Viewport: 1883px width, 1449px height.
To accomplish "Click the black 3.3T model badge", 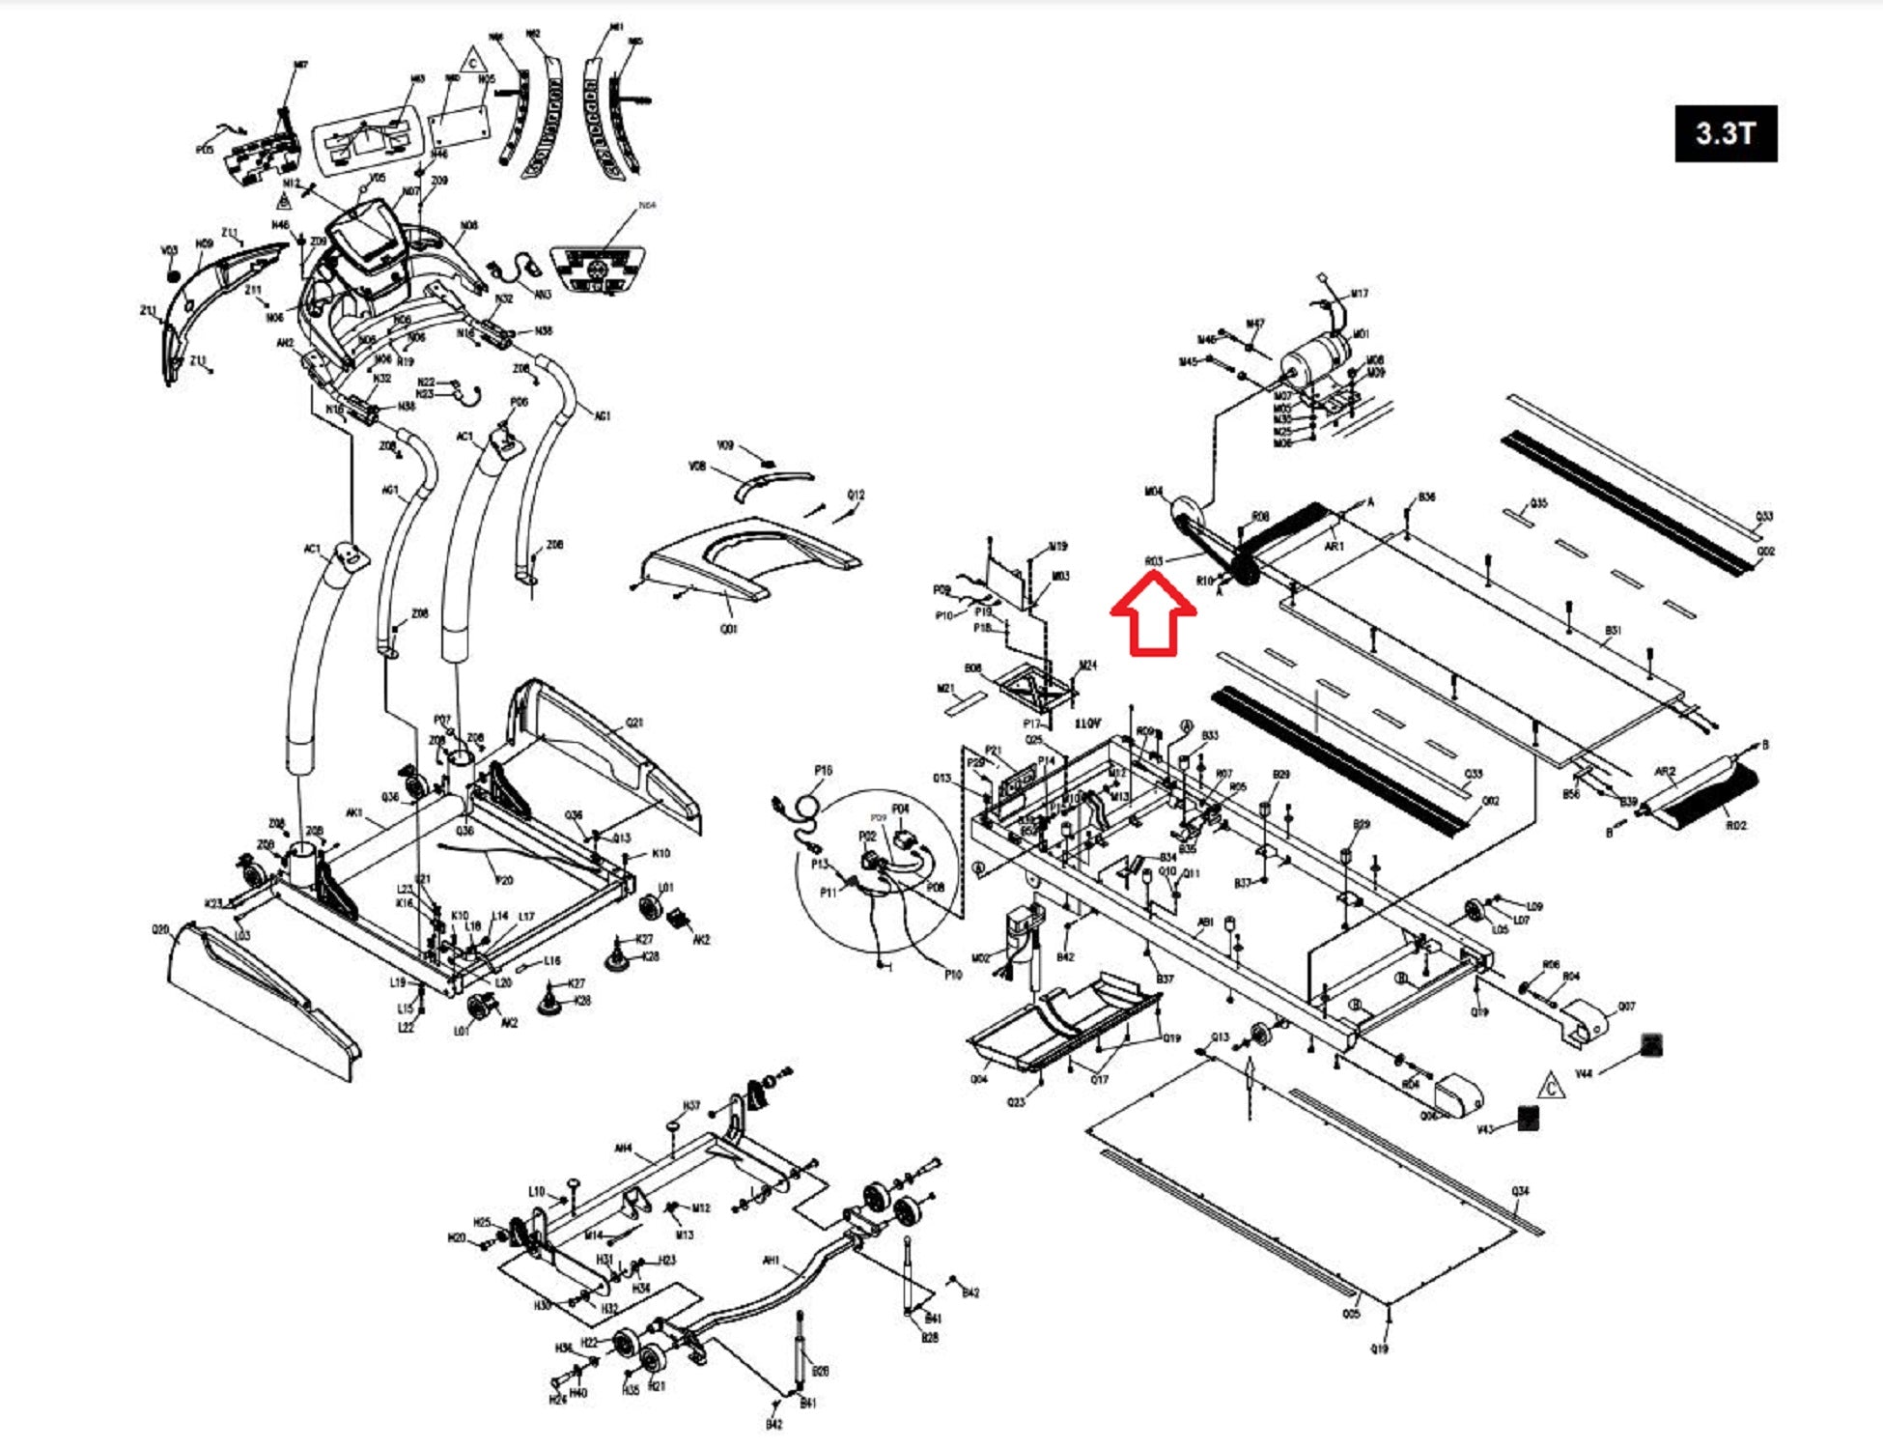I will click(x=1725, y=132).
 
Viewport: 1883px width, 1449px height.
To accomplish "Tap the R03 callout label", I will click(x=1154, y=561).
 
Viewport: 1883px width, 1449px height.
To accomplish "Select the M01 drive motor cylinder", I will click(x=1315, y=356).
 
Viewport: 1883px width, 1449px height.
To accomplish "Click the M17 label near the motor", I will click(x=1359, y=294).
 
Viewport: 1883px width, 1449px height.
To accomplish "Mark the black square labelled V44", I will click(x=1651, y=1044).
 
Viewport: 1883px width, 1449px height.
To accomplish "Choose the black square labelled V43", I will click(x=1528, y=1118).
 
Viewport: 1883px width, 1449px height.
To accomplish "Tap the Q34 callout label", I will click(x=1520, y=1191).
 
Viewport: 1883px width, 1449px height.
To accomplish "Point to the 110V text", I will click(x=1087, y=724).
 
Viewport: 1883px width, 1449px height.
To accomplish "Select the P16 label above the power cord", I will click(x=823, y=770).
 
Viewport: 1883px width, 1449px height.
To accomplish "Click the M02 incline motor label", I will click(x=981, y=959).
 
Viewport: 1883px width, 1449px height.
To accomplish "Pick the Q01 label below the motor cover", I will click(x=729, y=629).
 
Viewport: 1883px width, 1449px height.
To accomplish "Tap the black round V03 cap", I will click(x=174, y=275).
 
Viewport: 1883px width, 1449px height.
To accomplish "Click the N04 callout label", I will click(x=647, y=206).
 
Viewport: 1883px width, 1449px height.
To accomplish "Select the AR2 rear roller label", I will click(x=1665, y=772).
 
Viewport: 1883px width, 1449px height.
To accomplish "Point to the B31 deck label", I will click(x=1613, y=631).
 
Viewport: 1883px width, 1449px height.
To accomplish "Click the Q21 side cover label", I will click(x=634, y=723).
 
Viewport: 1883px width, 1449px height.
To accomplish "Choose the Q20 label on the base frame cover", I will click(x=160, y=929).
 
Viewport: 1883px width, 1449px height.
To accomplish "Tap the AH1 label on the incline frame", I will click(x=771, y=1260).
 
